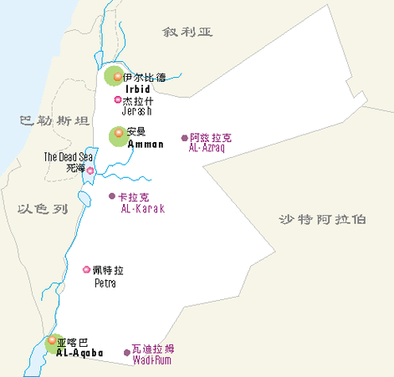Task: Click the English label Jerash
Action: [136, 111]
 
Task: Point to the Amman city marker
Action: [119, 133]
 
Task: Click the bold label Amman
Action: [145, 145]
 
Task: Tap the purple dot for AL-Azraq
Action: [185, 138]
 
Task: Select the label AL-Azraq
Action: [208, 148]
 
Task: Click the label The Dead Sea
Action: [69, 156]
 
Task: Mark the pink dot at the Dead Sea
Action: [90, 170]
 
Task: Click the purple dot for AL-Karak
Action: [112, 196]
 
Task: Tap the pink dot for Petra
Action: [86, 269]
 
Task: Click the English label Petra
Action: [105, 283]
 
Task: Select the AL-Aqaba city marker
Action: [53, 341]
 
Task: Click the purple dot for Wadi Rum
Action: [127, 352]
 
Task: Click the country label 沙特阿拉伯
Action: [322, 219]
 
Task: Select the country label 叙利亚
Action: [188, 32]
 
